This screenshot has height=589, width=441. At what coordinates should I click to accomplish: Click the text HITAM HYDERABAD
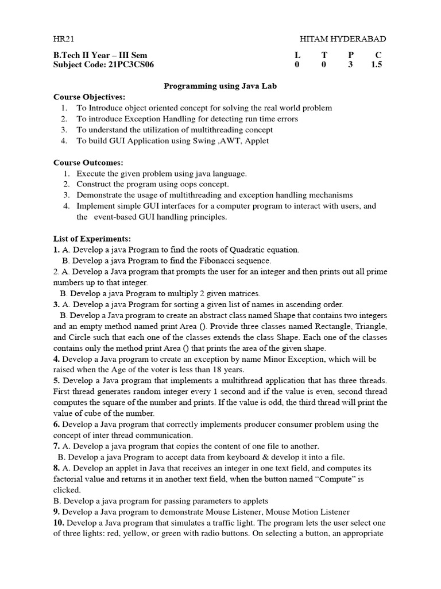click(x=343, y=39)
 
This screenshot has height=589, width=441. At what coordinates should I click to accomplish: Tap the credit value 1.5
click(x=377, y=64)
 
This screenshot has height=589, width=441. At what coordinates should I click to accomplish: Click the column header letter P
click(x=350, y=55)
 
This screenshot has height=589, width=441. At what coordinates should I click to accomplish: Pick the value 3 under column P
click(x=350, y=64)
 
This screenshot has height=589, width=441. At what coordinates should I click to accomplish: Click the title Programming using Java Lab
click(x=220, y=86)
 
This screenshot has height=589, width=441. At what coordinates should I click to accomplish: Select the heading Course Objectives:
click(x=89, y=97)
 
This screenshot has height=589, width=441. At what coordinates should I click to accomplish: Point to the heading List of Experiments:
click(x=92, y=239)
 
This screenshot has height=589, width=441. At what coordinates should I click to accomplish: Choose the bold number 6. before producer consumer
click(x=57, y=424)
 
